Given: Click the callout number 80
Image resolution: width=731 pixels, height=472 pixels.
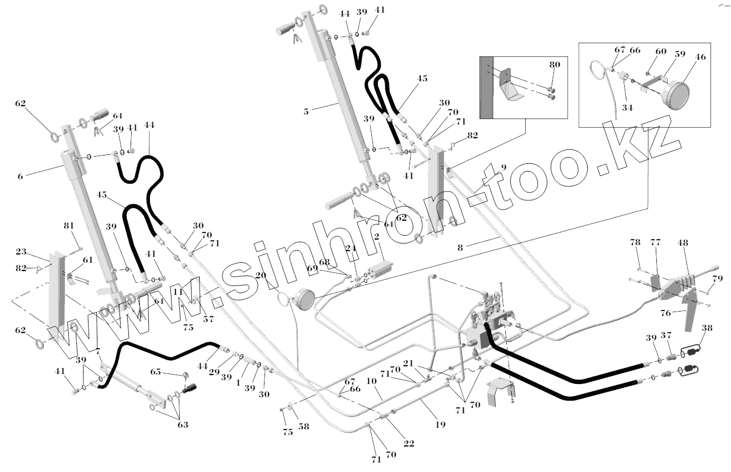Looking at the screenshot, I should [554, 65].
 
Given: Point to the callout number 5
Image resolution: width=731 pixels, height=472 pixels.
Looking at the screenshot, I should [306, 111].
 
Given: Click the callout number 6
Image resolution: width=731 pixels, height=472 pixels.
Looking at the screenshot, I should [20, 176].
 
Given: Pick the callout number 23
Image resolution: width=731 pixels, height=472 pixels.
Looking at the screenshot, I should [21, 252].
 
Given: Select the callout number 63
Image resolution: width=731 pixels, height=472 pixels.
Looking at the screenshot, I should [183, 425].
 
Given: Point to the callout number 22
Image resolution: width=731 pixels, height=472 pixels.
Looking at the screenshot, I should [408, 443].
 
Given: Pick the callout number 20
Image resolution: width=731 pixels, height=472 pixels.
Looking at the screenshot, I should [261, 275].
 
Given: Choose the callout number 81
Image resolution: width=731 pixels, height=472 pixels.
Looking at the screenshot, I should [69, 226].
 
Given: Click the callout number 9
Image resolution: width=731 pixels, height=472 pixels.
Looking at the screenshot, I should [503, 167].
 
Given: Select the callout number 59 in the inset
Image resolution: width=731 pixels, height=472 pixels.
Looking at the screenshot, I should [680, 55].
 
